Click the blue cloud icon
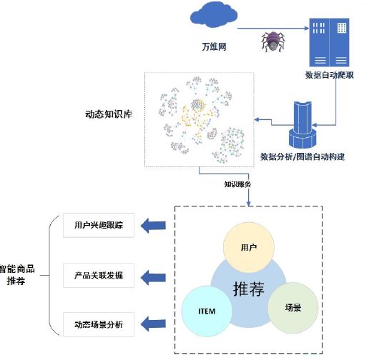pyautogui.click(x=214, y=15)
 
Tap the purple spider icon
pyautogui.click(x=273, y=41)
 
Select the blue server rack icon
pyautogui.click(x=329, y=42)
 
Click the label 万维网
pyautogui.click(x=214, y=46)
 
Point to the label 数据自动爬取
pyautogui.click(x=329, y=75)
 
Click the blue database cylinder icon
pyautogui.click(x=302, y=125)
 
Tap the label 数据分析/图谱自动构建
pyautogui.click(x=302, y=157)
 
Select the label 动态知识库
pyautogui.click(x=109, y=114)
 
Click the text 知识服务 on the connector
pyautogui.click(x=237, y=184)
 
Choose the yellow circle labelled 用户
pyautogui.click(x=249, y=247)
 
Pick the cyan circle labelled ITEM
pyautogui.click(x=207, y=311)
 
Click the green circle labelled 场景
pyautogui.click(x=293, y=308)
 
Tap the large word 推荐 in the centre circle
pyautogui.click(x=249, y=289)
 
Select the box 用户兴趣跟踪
pyautogui.click(x=99, y=225)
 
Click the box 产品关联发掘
pyautogui.click(x=99, y=276)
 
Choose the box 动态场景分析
pyautogui.click(x=99, y=324)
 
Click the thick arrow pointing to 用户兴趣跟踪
pyautogui.click(x=153, y=226)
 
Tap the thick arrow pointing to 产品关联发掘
pyautogui.click(x=153, y=278)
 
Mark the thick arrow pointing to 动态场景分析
pyautogui.click(x=153, y=324)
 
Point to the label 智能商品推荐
pyautogui.click(x=16, y=275)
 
